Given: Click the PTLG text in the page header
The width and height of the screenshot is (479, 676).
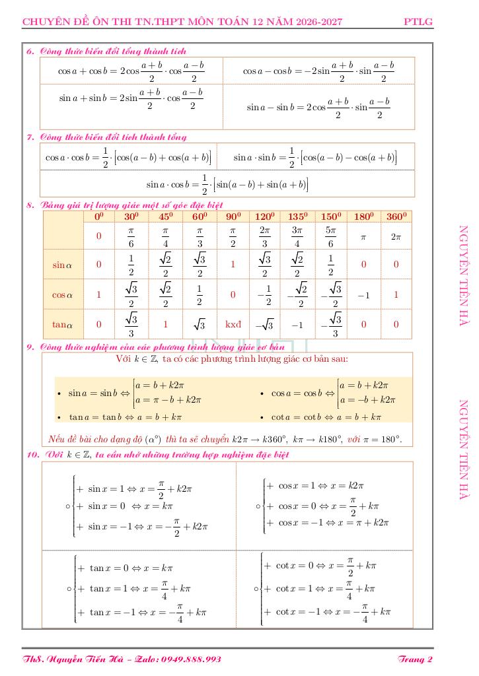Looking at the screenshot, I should (x=418, y=22).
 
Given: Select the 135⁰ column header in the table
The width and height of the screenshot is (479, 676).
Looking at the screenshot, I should (x=299, y=217).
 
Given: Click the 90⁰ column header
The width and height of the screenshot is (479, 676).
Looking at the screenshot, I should (x=233, y=217).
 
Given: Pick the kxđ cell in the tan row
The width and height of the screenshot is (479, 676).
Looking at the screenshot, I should (x=233, y=324).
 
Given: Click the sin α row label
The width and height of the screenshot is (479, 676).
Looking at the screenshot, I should (x=63, y=265).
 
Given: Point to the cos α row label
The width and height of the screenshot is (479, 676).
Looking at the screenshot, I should (x=63, y=294).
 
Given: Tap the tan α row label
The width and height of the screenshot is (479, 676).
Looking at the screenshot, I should (x=63, y=324).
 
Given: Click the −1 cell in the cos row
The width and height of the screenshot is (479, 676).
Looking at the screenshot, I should (x=363, y=294).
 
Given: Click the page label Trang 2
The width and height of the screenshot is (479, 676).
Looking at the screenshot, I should (x=416, y=659).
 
